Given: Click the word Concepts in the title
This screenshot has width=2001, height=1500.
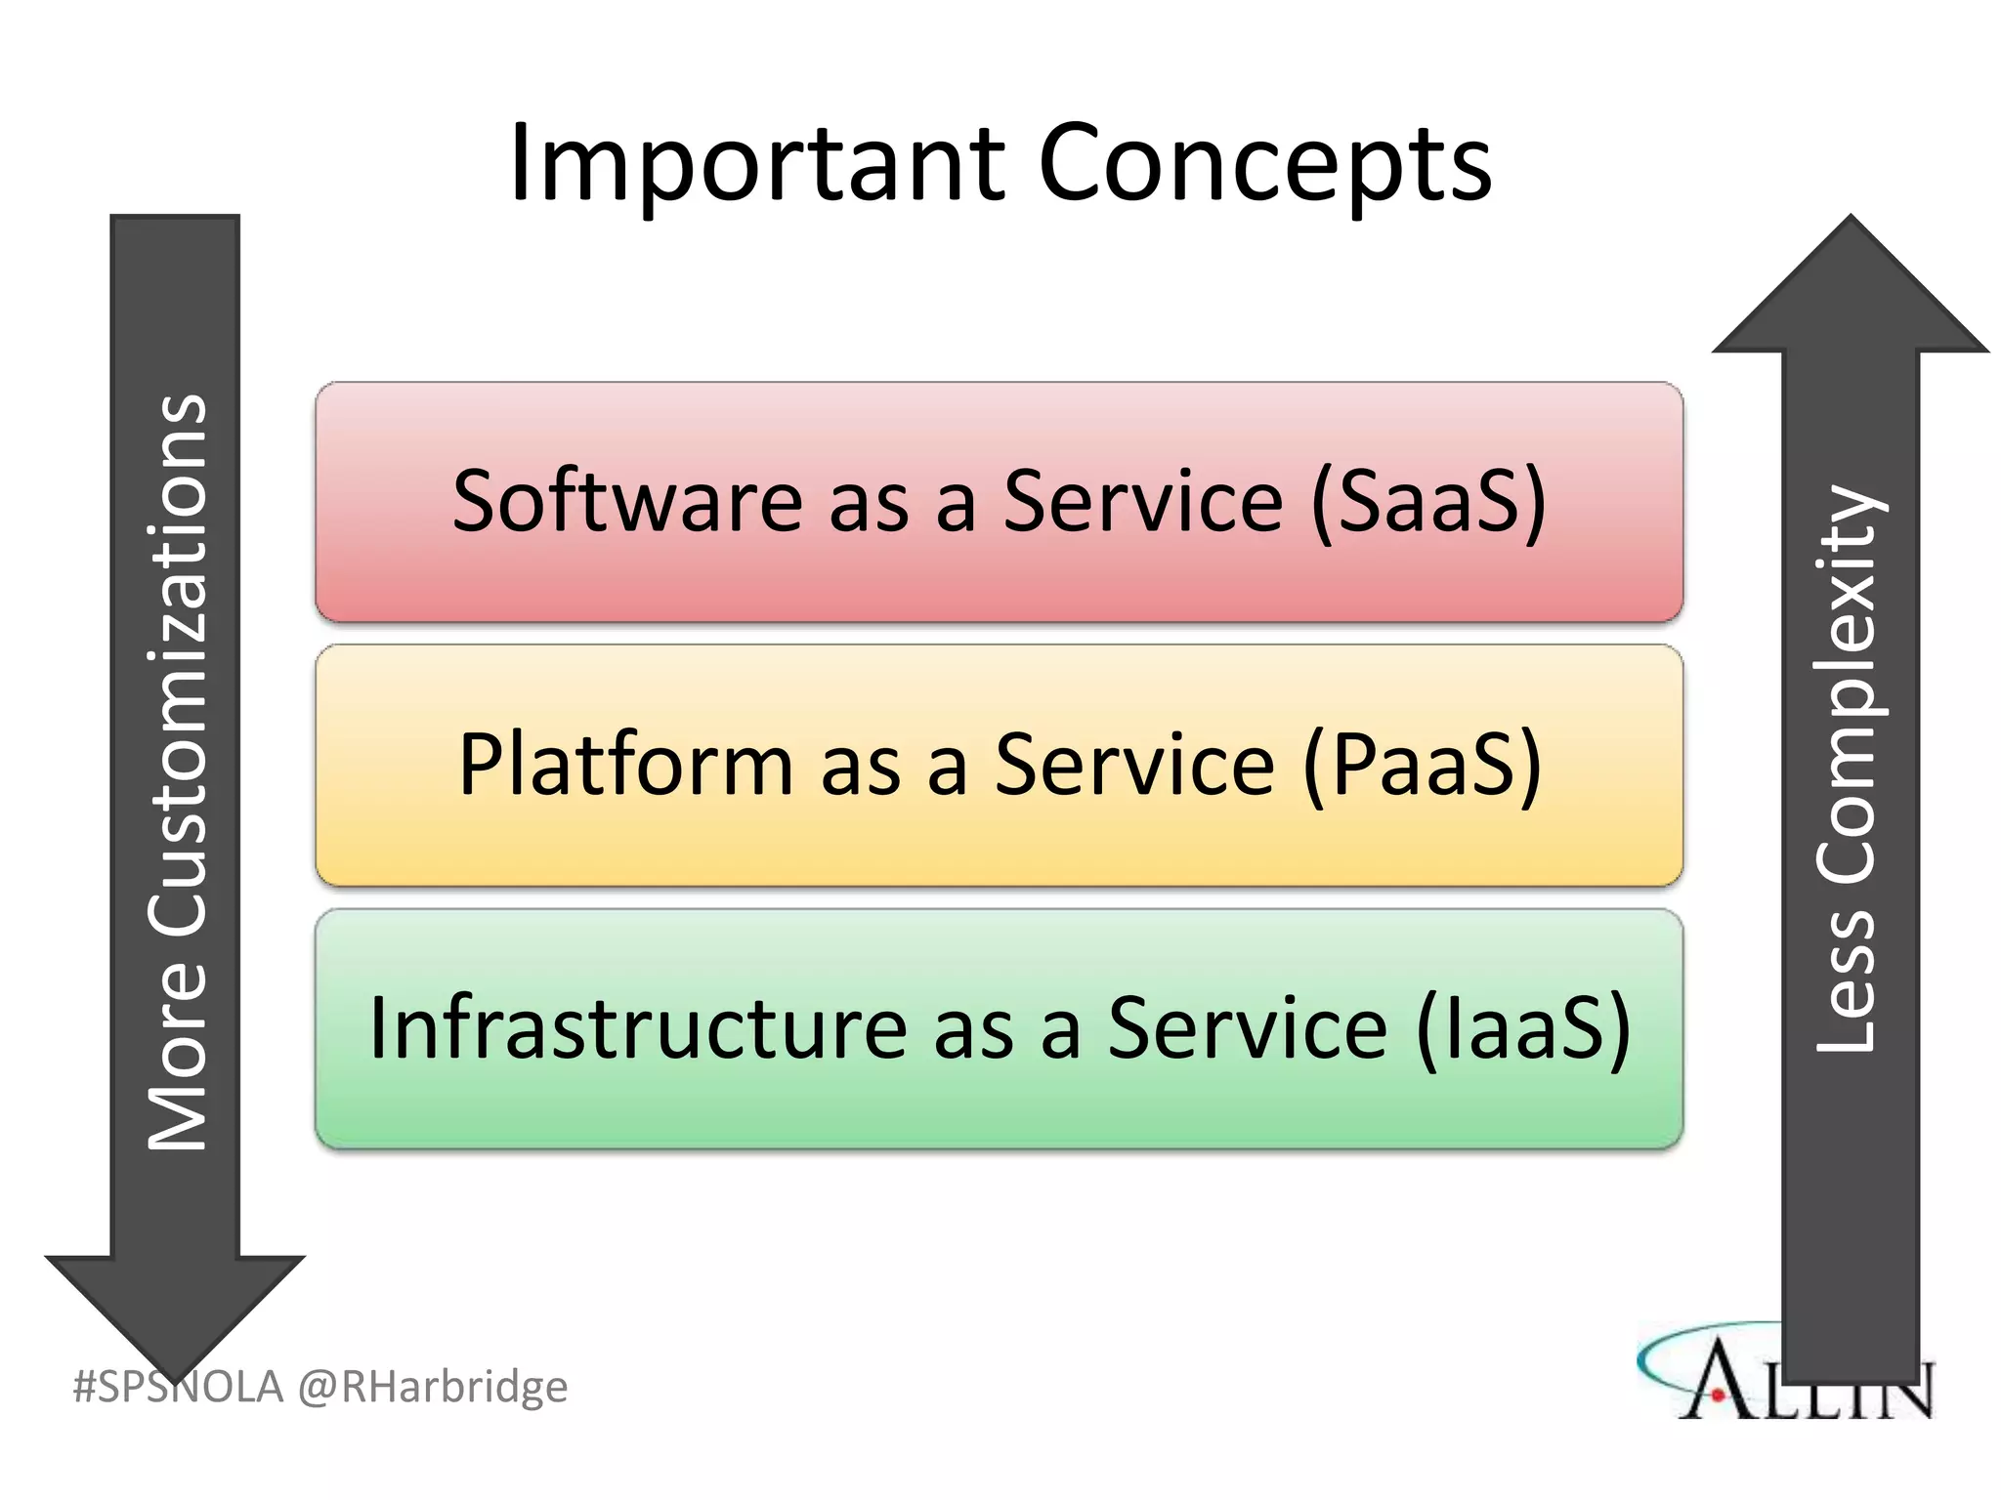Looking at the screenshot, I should coord(1264,164).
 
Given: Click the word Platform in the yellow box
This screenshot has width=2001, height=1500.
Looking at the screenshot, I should coord(625,765).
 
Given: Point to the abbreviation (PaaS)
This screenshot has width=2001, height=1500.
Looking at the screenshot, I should coord(1423,765).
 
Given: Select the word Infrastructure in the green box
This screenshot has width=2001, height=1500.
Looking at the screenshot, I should coord(638,1028).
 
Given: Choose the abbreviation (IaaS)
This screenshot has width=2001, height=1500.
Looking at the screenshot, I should coord(1524,1028).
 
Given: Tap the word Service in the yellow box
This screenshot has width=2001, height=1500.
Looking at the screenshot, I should coord(1134,765).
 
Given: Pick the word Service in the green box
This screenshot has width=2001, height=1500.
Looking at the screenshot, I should coord(1247,1028).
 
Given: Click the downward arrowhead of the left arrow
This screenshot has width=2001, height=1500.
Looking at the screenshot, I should coord(175,1309).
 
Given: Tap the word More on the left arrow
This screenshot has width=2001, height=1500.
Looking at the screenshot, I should coord(178,1055).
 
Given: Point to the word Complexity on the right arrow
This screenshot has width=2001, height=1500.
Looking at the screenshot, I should coord(1847,684).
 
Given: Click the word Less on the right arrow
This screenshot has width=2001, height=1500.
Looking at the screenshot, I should coord(1847,981).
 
